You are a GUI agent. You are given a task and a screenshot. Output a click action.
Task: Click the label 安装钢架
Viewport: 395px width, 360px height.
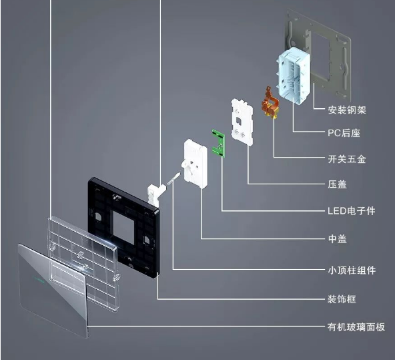(347, 110)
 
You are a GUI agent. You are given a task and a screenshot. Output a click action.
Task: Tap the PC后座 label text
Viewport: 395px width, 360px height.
(344, 133)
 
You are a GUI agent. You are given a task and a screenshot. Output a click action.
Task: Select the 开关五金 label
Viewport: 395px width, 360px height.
(347, 159)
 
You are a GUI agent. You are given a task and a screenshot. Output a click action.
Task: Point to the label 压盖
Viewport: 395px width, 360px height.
(338, 184)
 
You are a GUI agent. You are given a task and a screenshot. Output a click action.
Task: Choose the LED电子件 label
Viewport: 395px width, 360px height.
(352, 211)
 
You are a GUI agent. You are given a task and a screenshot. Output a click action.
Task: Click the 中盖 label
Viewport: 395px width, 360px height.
(338, 238)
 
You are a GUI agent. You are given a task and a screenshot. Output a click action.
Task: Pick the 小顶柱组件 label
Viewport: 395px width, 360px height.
(352, 271)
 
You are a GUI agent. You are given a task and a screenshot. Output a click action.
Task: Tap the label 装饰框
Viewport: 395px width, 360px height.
(342, 299)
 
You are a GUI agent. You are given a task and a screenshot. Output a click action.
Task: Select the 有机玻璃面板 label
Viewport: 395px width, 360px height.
(356, 327)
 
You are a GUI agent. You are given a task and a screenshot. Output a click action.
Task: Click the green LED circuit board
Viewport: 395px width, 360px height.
(218, 144)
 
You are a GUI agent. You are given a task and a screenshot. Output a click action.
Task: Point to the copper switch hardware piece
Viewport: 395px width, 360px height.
(270, 103)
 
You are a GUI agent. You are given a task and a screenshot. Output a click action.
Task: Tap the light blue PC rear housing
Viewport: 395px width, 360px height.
(294, 75)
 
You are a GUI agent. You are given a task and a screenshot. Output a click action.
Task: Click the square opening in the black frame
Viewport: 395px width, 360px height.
(123, 228)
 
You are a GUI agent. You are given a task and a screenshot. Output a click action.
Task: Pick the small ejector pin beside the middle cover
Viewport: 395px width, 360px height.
(174, 178)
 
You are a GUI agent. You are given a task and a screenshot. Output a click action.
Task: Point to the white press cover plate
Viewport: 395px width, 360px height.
(242, 122)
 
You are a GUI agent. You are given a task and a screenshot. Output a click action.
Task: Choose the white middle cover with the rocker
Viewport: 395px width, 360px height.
(195, 164)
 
